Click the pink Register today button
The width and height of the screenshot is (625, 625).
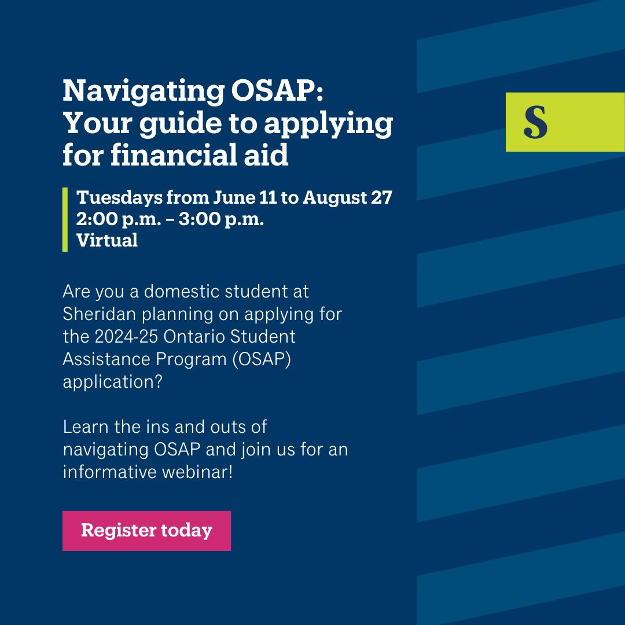click(x=146, y=530)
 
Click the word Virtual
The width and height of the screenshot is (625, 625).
click(x=107, y=240)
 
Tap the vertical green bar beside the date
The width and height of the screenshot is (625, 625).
click(x=65, y=219)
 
